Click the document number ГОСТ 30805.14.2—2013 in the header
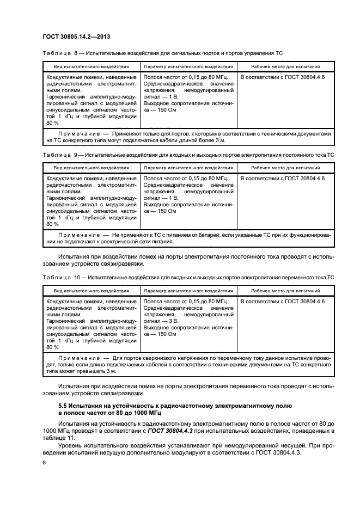click(x=81, y=36)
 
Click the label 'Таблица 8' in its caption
click(x=60, y=53)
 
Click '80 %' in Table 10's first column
click(x=52, y=347)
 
